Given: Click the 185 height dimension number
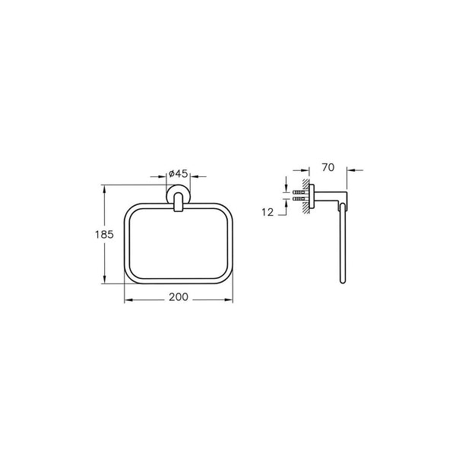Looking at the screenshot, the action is (104, 235).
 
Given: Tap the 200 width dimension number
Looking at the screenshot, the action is (179, 297).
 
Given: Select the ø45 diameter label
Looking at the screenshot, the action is (179, 173).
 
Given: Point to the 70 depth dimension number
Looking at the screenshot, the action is (328, 167).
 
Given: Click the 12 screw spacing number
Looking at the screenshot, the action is (267, 212).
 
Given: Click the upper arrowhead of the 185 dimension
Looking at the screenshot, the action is (104, 189).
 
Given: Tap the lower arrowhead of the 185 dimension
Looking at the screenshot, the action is (104, 279).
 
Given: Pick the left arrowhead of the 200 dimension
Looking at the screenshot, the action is (128, 300).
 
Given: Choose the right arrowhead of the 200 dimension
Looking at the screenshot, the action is (229, 300).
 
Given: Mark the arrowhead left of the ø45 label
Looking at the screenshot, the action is (163, 177).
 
